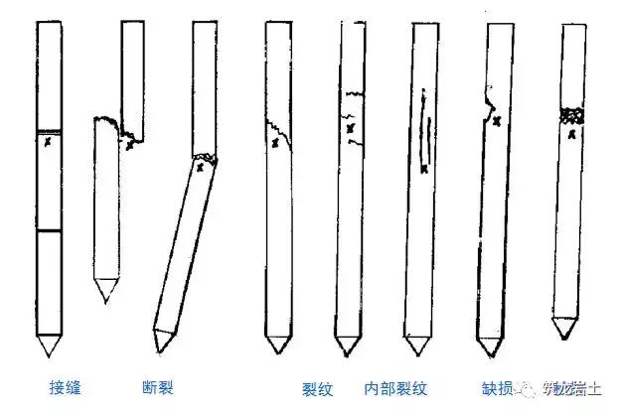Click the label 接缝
tap(66, 386)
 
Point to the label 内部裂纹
tap(395, 386)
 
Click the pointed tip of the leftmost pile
tap(47, 352)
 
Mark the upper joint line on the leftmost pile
tap(48, 131)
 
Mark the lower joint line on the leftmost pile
tap(48, 231)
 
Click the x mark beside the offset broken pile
tap(131, 145)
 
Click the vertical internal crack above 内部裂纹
tap(427, 134)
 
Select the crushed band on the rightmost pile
tap(570, 117)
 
